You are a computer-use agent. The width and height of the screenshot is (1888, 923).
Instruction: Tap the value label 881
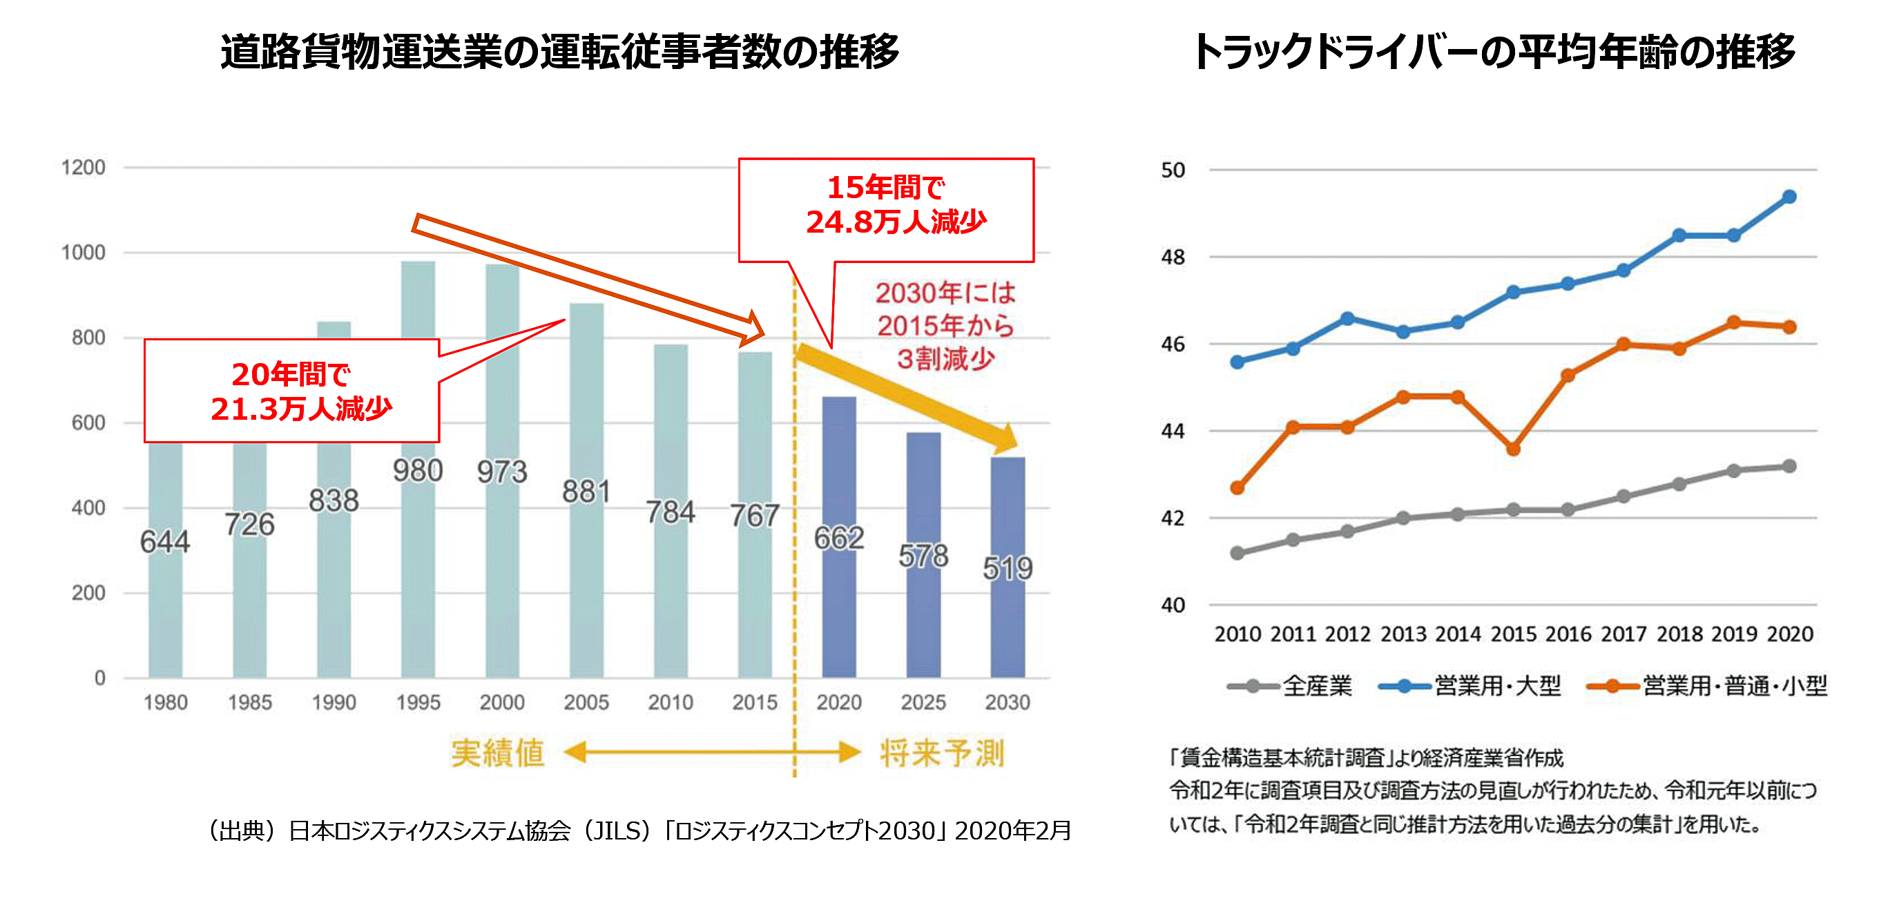pos(586,492)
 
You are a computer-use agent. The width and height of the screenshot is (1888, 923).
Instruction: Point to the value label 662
pos(839,538)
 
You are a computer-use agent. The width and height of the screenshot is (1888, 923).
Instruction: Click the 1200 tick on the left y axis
pos(84,168)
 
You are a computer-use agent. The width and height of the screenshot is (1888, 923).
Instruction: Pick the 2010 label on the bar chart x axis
pos(670,703)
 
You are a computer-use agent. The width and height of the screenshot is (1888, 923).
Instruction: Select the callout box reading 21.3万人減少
pos(291,391)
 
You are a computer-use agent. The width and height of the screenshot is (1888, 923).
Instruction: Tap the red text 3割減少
pos(945,359)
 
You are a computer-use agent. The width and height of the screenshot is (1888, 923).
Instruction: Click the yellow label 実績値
pos(498,753)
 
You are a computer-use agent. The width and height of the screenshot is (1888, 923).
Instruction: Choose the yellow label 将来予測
pos(942,753)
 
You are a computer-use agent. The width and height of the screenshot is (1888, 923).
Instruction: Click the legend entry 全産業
pos(1290,686)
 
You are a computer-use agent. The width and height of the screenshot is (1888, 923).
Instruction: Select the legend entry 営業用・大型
pos(1470,686)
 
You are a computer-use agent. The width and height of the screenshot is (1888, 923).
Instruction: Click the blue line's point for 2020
pos(1789,197)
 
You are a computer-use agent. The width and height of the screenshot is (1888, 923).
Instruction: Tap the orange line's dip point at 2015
pos(1514,449)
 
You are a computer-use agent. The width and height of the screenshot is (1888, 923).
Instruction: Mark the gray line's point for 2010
pos(1237,553)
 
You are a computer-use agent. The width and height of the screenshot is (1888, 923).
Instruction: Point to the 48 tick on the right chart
pos(1173,257)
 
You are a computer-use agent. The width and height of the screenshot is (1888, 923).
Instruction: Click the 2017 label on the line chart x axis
pos(1624,634)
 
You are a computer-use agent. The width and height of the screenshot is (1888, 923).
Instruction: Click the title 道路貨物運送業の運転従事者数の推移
pos(560,52)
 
